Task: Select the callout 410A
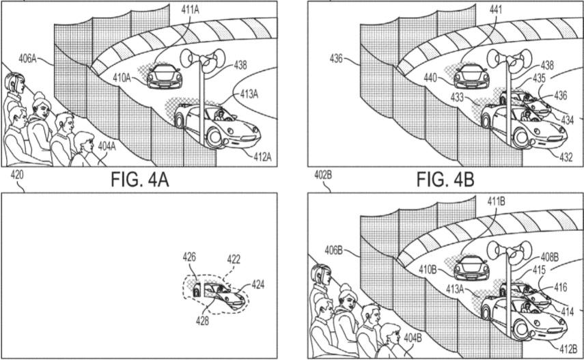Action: [x=124, y=78]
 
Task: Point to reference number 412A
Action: [x=261, y=156]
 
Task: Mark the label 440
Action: [x=430, y=78]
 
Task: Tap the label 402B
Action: [x=322, y=176]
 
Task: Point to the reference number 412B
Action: [x=568, y=350]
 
